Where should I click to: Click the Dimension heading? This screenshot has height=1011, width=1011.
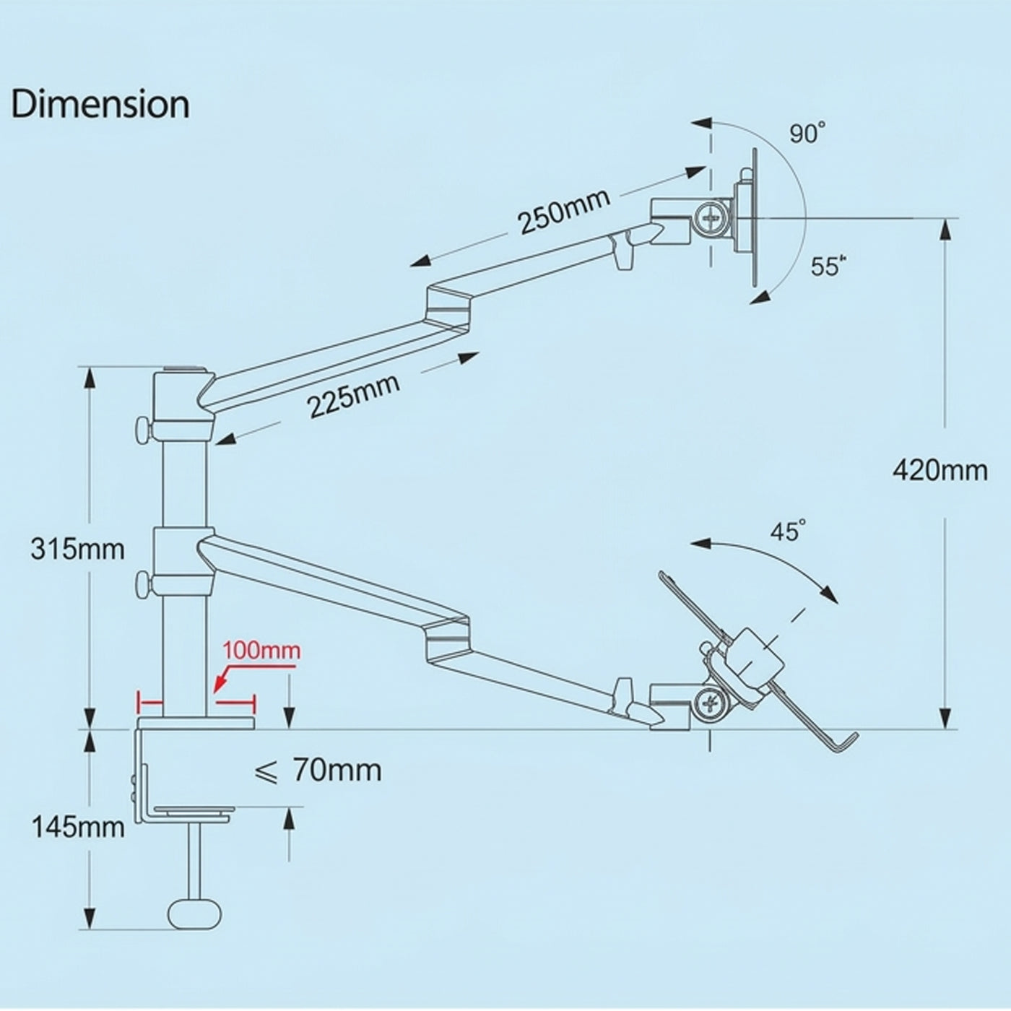100,105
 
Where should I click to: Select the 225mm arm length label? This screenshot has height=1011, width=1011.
353,396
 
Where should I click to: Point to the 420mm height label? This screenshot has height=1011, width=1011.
940,471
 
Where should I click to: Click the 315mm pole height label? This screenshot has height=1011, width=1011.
78,550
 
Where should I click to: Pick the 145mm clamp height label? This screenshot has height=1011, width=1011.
79,828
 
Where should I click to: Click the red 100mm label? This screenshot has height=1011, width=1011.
262,651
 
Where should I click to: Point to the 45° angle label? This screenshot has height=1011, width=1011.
788,531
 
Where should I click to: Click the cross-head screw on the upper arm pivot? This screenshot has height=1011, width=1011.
711,217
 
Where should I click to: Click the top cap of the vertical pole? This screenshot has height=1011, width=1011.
182,370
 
